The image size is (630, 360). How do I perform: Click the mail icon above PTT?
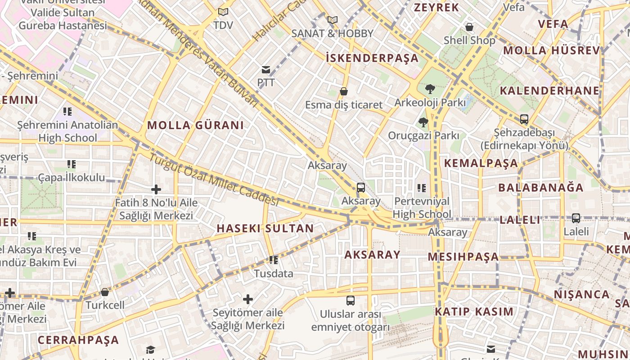coord(266,70)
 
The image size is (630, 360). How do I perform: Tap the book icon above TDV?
coord(223,12)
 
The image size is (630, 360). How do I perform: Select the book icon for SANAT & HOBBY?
coord(333,20)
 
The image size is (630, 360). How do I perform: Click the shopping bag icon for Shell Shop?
coord(469,27)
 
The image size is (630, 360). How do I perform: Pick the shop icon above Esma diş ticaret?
coord(344,92)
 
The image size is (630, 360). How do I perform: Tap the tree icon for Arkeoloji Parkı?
coord(430,89)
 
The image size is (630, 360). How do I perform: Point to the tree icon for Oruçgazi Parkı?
coord(423,122)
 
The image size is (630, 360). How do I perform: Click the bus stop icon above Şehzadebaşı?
coord(524,119)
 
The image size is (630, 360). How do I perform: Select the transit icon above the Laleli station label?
coord(576,218)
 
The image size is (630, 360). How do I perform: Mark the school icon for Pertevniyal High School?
coord(422,188)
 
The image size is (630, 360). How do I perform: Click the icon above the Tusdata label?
coord(273,260)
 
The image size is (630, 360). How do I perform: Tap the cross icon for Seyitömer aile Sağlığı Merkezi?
coord(248,299)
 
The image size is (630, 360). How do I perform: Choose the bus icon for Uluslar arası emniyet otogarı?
coord(351,300)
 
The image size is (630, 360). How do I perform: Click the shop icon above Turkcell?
coord(105,292)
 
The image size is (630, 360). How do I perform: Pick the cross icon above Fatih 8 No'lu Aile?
coord(156,189)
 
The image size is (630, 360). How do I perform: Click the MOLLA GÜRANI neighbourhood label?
coord(195,125)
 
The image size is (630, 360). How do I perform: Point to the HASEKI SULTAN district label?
coord(265,228)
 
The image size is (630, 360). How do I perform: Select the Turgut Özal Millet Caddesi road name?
coord(214,180)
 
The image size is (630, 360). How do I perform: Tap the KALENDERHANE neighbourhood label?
coord(549,90)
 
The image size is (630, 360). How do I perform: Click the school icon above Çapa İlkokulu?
coord(72,164)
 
